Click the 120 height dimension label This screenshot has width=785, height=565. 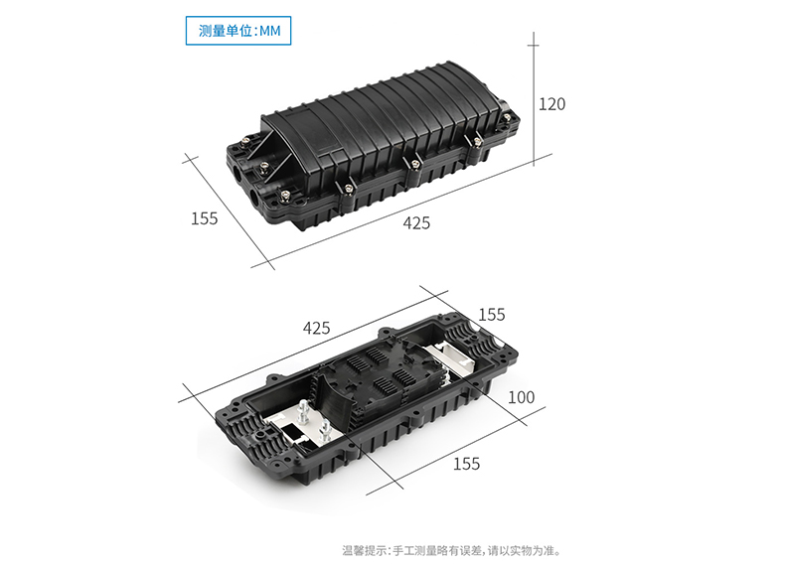tap(551, 103)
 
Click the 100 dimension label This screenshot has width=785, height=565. tap(521, 397)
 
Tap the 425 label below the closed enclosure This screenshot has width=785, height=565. tap(416, 223)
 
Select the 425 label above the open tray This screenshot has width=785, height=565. tap(316, 328)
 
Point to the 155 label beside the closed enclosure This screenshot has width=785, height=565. tap(204, 218)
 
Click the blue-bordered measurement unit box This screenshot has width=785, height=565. tap(240, 32)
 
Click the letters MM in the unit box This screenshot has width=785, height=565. tap(270, 32)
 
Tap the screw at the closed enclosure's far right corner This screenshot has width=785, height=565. tap(513, 123)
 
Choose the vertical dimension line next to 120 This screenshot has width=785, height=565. tap(534, 99)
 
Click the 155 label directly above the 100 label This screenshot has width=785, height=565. tap(491, 315)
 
